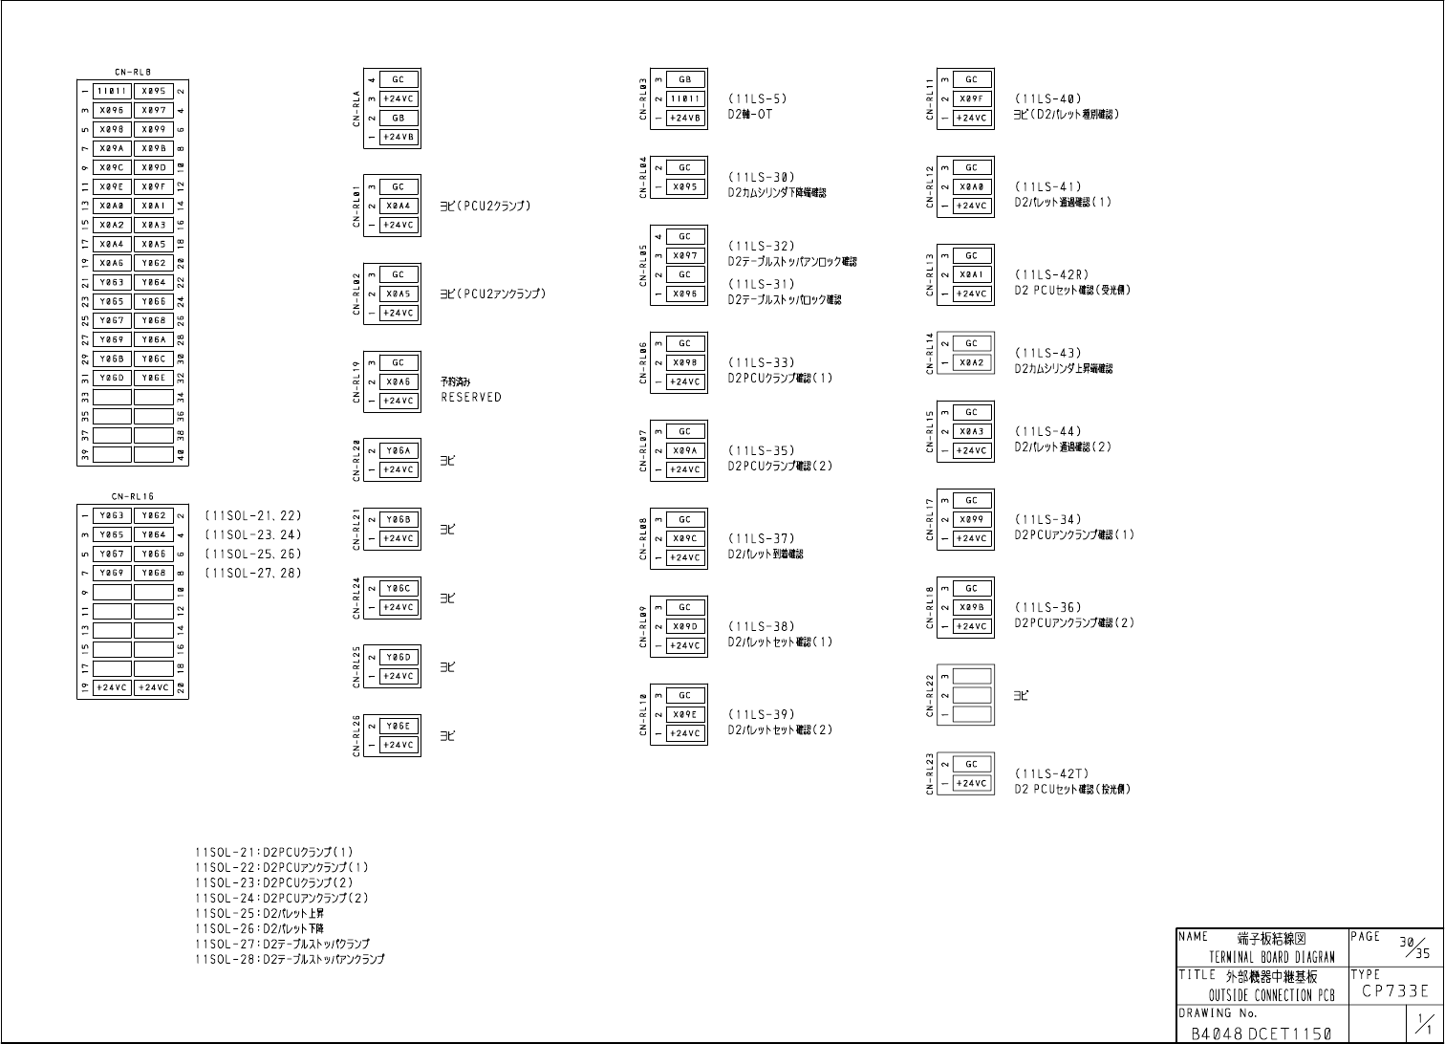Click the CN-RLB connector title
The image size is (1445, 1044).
click(x=133, y=72)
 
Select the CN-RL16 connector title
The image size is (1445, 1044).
click(x=133, y=496)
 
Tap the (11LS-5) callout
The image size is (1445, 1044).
click(x=758, y=98)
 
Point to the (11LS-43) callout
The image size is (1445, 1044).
click(x=1048, y=354)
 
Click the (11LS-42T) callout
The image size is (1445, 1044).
click(x=1051, y=774)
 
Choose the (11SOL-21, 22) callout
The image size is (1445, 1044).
click(x=253, y=516)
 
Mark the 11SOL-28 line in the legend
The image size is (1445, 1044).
click(x=290, y=960)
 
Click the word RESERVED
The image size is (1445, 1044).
click(x=470, y=398)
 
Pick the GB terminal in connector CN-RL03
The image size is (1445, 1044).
click(x=685, y=79)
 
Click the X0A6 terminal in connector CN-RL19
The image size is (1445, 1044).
click(x=399, y=381)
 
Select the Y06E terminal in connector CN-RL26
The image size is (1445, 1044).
click(x=399, y=726)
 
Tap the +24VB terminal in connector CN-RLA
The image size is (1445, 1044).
click(x=399, y=137)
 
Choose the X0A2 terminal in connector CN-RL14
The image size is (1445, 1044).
click(x=972, y=362)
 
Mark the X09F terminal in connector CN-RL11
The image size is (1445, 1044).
click(x=972, y=98)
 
